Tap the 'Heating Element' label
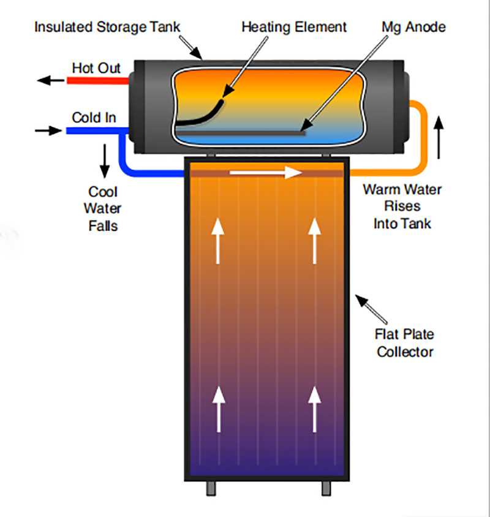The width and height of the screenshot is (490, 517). [294, 27]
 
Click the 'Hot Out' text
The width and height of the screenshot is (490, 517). [96, 67]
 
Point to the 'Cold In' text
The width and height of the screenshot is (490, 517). [94, 117]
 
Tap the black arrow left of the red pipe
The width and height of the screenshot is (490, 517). [47, 80]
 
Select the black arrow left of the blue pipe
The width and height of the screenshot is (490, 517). [45, 130]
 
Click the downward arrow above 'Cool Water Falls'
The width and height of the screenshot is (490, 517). [104, 160]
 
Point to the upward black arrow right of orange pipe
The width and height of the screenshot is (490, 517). [438, 136]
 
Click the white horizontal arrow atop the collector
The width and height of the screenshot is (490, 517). [266, 173]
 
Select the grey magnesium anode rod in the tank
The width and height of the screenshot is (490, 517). [245, 130]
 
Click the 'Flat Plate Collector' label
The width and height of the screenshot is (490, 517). [405, 343]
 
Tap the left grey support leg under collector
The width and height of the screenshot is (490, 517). [209, 489]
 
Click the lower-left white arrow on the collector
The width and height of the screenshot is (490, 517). [218, 410]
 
